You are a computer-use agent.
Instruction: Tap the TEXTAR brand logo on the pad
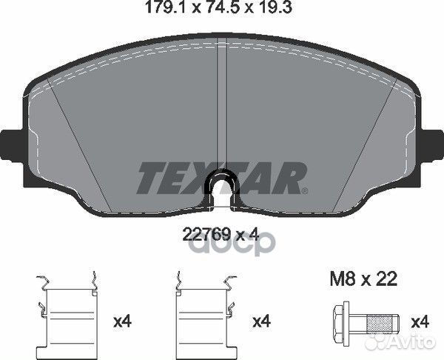coord(222,177)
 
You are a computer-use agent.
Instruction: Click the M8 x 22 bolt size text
coord(363,279)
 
